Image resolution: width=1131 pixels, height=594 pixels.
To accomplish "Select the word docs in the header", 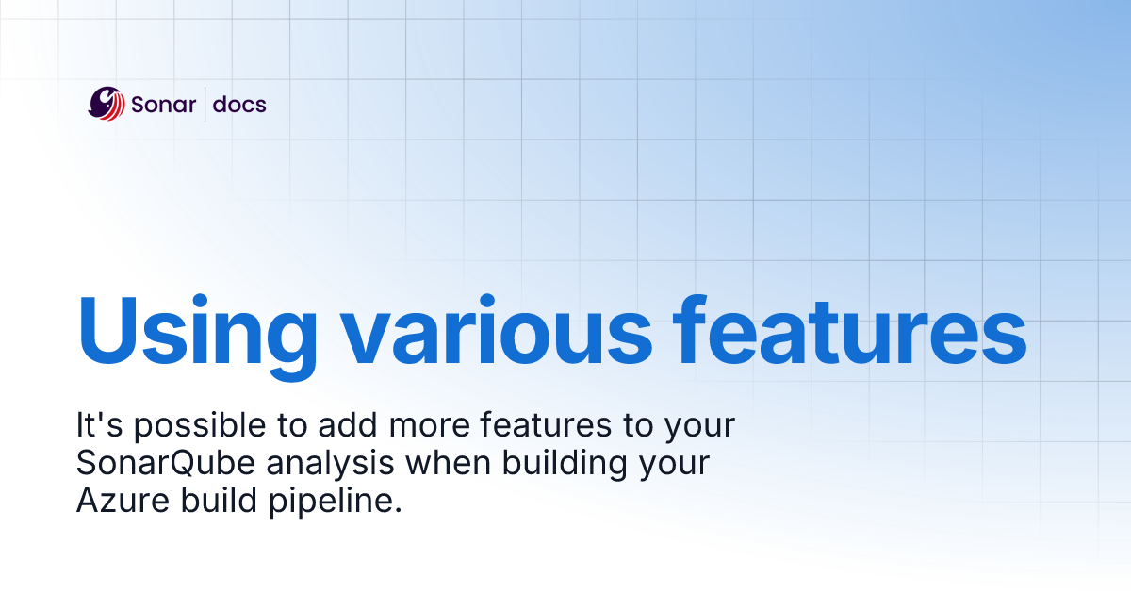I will click(239, 105).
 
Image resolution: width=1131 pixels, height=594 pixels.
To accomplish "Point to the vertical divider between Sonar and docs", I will click(205, 104).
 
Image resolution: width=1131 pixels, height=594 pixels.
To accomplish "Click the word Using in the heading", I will click(196, 333).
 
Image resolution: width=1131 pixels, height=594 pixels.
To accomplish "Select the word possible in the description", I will click(199, 427).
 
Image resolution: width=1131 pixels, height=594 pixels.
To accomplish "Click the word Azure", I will click(113, 503).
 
